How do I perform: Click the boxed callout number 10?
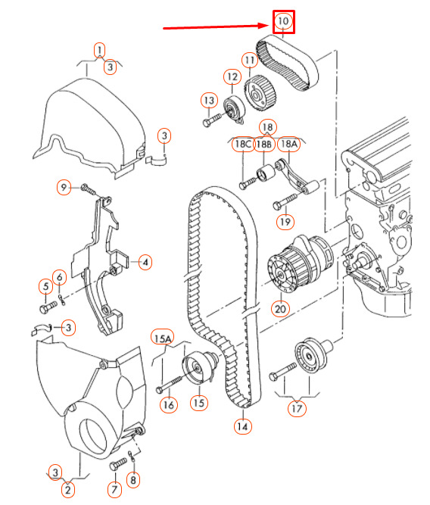[283, 22]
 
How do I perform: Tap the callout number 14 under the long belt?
[242, 426]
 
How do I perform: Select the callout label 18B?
[263, 145]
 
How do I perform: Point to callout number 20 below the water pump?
[280, 309]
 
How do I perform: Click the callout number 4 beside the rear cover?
[145, 262]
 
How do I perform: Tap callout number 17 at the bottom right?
[297, 408]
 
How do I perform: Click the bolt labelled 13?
[212, 119]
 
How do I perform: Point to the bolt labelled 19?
[285, 201]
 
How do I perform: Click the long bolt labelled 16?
[170, 383]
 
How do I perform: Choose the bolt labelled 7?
[118, 464]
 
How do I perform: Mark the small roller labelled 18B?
[266, 174]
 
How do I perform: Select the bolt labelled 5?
[48, 307]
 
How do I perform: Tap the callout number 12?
[232, 77]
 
